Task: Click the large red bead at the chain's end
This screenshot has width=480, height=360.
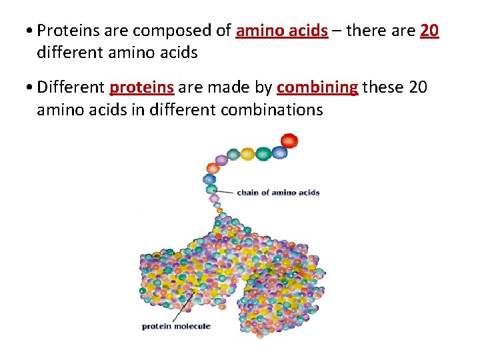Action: (289, 141)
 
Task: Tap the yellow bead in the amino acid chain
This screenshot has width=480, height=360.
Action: (247, 154)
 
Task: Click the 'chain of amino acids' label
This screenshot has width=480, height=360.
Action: (278, 193)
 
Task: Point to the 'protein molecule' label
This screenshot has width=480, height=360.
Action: (176, 326)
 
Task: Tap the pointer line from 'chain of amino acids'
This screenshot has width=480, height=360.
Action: (225, 192)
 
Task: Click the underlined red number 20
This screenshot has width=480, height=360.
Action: (430, 31)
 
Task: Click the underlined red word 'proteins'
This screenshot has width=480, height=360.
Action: (141, 87)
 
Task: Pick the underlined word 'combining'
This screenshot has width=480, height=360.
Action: (317, 87)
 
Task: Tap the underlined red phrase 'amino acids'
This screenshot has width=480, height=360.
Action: (282, 31)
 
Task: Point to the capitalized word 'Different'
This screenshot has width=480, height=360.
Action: (71, 87)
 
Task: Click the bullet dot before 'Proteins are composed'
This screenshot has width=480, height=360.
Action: (31, 31)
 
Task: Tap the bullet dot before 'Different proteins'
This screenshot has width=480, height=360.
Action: (31, 88)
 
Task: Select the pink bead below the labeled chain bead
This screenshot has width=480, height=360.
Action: (214, 199)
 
